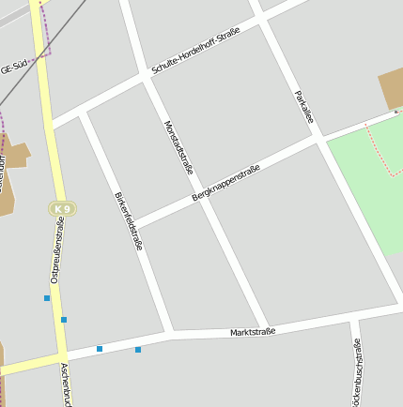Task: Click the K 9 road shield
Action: click(x=62, y=208)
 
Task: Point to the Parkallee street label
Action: click(x=302, y=110)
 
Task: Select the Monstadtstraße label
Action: click(x=178, y=146)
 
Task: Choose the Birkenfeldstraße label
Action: click(x=129, y=221)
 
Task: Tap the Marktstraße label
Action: click(x=253, y=332)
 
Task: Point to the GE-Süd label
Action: click(x=17, y=67)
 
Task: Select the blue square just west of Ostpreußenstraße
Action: click(x=47, y=298)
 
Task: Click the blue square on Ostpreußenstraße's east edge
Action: click(x=64, y=320)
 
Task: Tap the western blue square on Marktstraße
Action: click(x=100, y=349)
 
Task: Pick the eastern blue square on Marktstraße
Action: click(x=138, y=350)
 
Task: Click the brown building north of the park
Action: click(x=393, y=89)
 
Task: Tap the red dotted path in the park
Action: click(x=380, y=150)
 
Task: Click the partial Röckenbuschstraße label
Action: click(x=356, y=375)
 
